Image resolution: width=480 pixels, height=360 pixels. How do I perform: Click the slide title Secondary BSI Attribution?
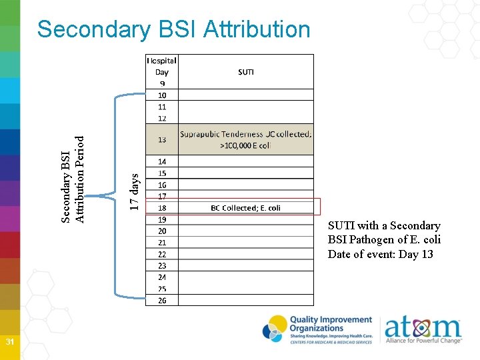point(174,29)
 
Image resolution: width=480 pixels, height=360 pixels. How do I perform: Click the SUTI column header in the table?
point(245,71)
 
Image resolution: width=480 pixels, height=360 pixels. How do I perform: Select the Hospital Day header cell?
point(162,66)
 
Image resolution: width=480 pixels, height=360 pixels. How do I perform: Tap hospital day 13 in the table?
point(162,140)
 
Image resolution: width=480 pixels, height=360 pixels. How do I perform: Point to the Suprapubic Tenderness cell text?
point(245,139)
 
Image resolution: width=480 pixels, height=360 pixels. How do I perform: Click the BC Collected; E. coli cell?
point(245,208)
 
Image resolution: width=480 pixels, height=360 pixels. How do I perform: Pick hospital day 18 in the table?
point(162,208)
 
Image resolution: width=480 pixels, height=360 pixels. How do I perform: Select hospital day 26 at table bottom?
point(162,300)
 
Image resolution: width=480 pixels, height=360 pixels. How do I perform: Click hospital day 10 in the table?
point(162,95)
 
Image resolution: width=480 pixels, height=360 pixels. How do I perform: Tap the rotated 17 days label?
point(134,192)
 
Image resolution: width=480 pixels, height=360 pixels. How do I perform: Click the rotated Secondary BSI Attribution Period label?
point(73,179)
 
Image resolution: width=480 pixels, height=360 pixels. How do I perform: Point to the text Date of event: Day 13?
point(380,254)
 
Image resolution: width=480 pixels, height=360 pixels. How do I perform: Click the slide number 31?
point(10,342)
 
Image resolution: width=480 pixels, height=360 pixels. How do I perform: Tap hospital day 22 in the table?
point(162,254)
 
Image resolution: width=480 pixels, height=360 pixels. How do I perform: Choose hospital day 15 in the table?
point(162,173)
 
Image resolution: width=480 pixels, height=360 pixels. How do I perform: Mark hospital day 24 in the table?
point(162,277)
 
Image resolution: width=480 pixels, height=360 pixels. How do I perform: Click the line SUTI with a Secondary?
point(384,225)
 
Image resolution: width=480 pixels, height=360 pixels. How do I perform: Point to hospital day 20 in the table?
point(162,231)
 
